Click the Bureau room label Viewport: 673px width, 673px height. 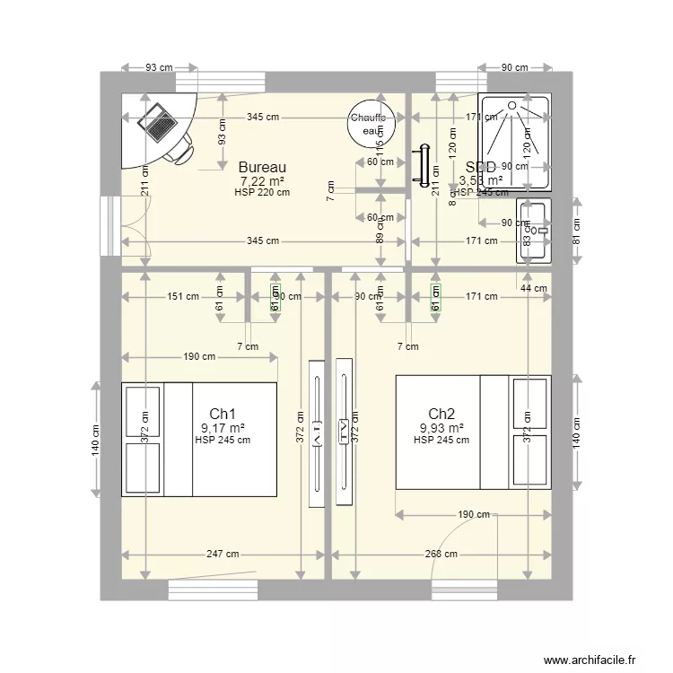(x=262, y=167)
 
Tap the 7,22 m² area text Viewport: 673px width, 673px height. (x=262, y=180)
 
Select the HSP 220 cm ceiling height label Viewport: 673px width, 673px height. (x=262, y=192)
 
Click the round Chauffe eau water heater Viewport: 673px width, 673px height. (x=368, y=123)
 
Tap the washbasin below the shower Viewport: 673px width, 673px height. (x=536, y=232)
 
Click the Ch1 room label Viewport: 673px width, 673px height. (x=223, y=414)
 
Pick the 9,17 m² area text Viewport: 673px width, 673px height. (x=223, y=428)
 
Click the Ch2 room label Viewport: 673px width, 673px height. (x=441, y=414)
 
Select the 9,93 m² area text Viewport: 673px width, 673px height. (x=441, y=428)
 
